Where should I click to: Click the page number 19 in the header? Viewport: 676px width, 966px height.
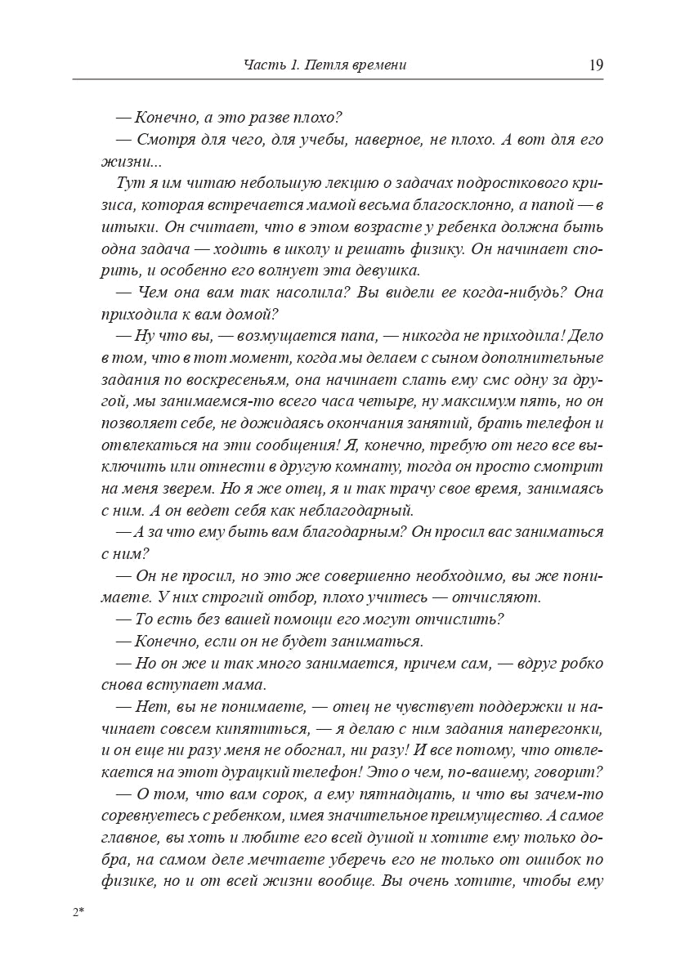pos(595,65)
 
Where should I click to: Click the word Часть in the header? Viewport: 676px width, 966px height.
pos(262,65)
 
